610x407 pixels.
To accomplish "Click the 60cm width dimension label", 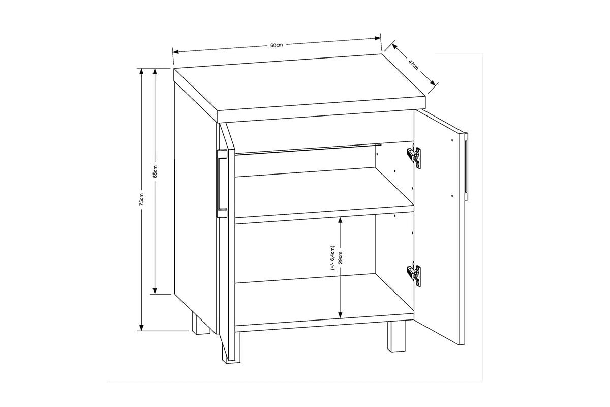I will click(276, 45).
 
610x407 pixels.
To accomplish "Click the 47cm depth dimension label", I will click(413, 65).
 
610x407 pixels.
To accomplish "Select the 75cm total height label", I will click(143, 199).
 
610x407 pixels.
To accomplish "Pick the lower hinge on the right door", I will click(414, 275).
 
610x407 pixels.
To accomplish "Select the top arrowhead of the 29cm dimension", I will click(340, 219).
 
